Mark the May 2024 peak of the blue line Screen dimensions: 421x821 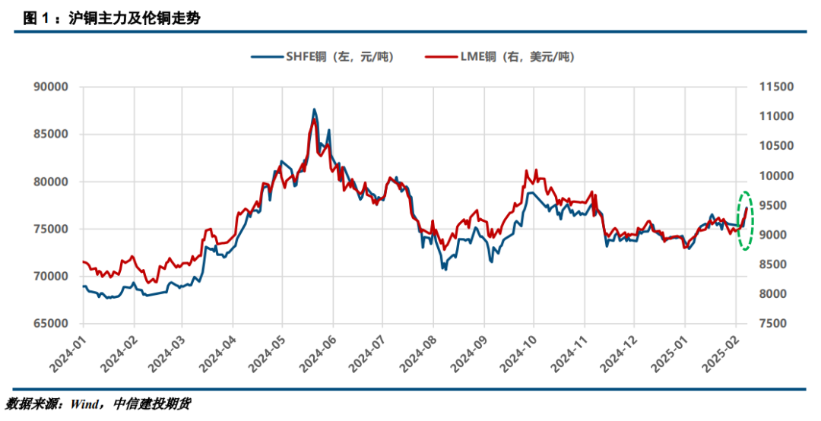tap(314, 110)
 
